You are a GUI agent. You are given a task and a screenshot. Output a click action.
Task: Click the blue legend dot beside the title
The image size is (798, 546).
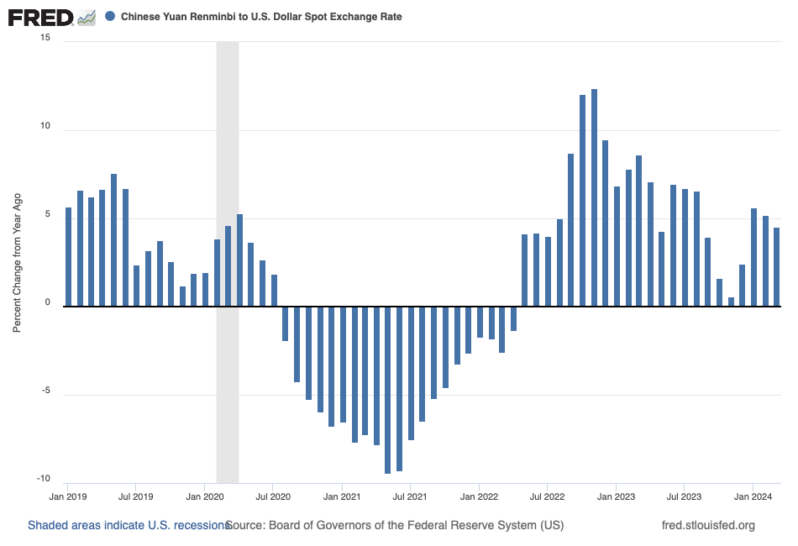[110, 17]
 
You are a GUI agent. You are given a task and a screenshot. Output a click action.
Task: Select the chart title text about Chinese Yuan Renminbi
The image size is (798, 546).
[261, 17]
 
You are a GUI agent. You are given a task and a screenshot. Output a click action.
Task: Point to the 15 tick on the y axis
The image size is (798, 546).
[45, 39]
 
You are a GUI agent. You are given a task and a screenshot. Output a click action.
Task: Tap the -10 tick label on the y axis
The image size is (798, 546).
[43, 479]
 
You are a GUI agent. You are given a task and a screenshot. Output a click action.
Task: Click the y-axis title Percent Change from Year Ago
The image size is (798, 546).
[17, 260]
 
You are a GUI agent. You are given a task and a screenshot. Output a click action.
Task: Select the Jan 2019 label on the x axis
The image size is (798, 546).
[68, 496]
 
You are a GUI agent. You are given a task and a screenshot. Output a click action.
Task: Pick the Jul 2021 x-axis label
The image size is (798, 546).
[410, 496]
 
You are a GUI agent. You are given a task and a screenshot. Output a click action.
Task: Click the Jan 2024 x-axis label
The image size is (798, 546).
[753, 496]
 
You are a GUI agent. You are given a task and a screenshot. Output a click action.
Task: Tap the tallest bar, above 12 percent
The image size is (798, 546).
[594, 197]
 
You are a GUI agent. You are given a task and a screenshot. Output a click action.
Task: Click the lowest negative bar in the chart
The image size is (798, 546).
[388, 390]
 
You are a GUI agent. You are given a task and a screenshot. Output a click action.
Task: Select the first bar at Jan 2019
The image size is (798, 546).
[68, 256]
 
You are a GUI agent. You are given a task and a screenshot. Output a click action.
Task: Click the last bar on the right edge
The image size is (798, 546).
[777, 266]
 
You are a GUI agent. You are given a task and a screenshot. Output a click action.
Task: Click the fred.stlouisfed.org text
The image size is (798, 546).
[708, 526]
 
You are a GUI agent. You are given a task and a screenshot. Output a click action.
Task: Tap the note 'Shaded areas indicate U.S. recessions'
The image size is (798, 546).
[128, 526]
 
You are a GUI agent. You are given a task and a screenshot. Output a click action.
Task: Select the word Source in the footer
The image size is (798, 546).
[245, 526]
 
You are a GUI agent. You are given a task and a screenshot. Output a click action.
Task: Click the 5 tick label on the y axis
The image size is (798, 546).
[47, 214]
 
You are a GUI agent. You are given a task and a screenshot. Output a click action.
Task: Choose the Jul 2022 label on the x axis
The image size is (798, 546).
[547, 496]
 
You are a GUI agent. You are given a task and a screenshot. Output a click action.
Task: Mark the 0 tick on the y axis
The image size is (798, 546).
[47, 302]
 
